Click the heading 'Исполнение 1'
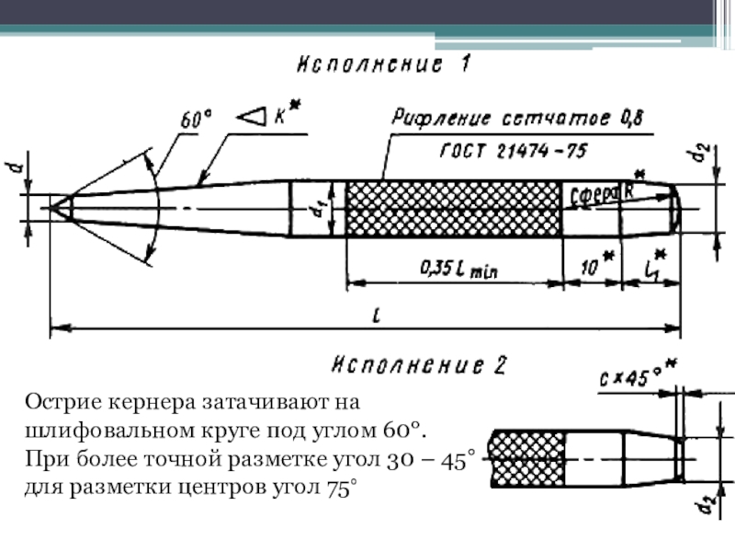(384, 65)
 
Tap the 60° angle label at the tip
(195, 120)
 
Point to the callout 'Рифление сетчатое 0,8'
(518, 119)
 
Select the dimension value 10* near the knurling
(592, 267)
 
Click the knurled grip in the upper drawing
(454, 209)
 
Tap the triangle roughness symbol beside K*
(251, 117)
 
